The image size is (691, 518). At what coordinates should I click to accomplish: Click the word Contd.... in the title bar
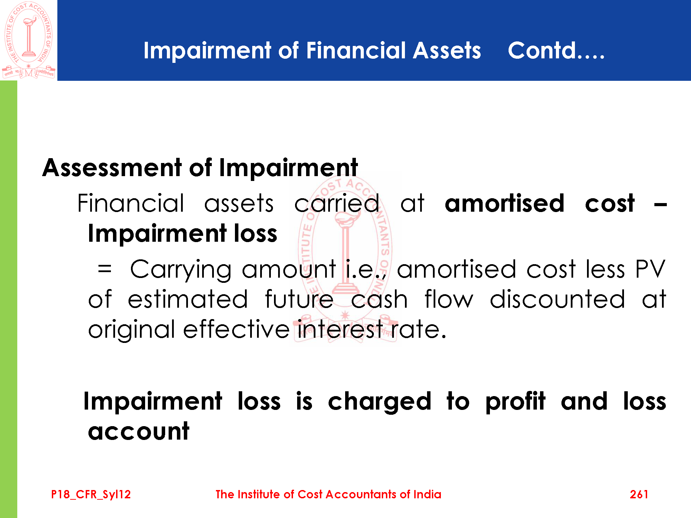tap(556, 51)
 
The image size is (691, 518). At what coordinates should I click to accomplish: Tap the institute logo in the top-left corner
tap(28, 40)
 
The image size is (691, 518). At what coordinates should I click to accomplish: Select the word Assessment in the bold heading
tap(112, 168)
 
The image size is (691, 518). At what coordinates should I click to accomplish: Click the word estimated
tap(188, 299)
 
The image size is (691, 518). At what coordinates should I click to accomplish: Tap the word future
tap(299, 299)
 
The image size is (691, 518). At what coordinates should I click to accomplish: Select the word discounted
tap(558, 299)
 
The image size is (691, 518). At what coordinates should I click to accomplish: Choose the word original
tap(132, 330)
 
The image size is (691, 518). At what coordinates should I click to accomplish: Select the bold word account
tap(139, 431)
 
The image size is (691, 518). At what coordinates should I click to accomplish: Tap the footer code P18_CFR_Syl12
tap(91, 495)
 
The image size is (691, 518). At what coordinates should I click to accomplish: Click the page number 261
tap(639, 495)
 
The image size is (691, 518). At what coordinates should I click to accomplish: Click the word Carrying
tap(181, 269)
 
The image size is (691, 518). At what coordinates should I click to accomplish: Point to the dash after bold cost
tap(660, 205)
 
